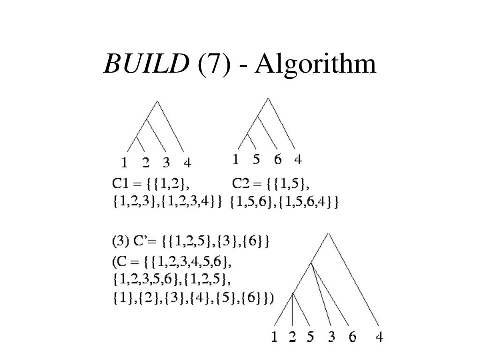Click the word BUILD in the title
145,64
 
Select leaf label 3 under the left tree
166,163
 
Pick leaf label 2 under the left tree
146,163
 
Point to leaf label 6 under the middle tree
278,160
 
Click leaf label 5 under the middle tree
256,160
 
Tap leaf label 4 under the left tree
187,163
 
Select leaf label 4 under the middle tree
298,160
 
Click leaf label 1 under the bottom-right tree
274,337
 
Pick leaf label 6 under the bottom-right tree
352,337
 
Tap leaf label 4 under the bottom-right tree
379,337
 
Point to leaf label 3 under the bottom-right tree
332,337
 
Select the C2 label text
240,182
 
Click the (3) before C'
119,241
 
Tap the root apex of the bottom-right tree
329,233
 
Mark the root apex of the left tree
157,101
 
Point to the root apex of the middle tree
268,98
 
